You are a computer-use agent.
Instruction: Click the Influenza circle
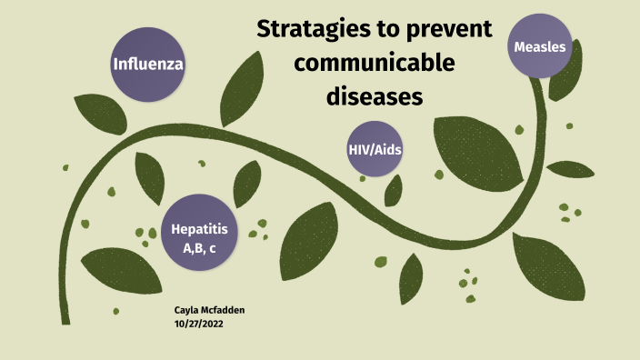click(148, 64)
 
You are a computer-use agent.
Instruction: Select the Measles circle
click(540, 46)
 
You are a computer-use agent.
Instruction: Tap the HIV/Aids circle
click(375, 149)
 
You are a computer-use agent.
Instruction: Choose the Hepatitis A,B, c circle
click(199, 232)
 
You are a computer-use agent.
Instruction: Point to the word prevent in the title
click(446, 31)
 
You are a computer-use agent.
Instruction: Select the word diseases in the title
click(375, 95)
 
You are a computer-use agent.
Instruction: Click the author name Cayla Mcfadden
click(209, 310)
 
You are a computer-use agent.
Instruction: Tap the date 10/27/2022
click(198, 323)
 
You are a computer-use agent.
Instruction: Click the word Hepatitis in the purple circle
click(199, 228)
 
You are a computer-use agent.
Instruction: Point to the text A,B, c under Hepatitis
click(199, 246)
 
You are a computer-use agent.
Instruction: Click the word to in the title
click(387, 31)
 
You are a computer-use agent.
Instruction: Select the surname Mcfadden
click(225, 310)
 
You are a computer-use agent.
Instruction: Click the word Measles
click(540, 46)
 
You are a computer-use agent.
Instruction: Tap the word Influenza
click(148, 65)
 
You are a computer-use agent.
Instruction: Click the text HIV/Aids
click(375, 149)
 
